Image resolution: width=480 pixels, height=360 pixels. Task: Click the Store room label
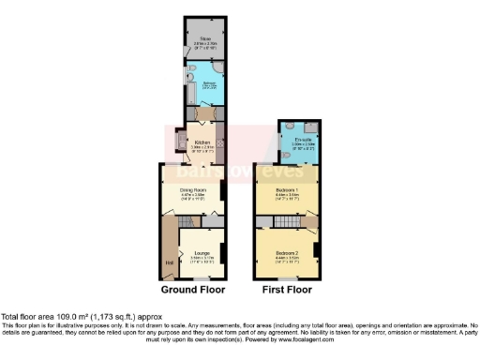tap(203, 39)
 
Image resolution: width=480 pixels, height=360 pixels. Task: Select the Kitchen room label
tap(202, 143)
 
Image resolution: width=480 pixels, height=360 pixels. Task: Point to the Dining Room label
tap(193, 189)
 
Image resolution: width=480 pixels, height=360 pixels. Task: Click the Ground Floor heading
tap(193, 292)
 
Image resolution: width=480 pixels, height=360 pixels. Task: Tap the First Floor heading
tap(287, 292)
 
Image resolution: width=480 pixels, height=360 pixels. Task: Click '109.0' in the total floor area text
tap(62, 317)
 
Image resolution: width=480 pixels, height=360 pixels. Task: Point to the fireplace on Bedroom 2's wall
tap(317, 251)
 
